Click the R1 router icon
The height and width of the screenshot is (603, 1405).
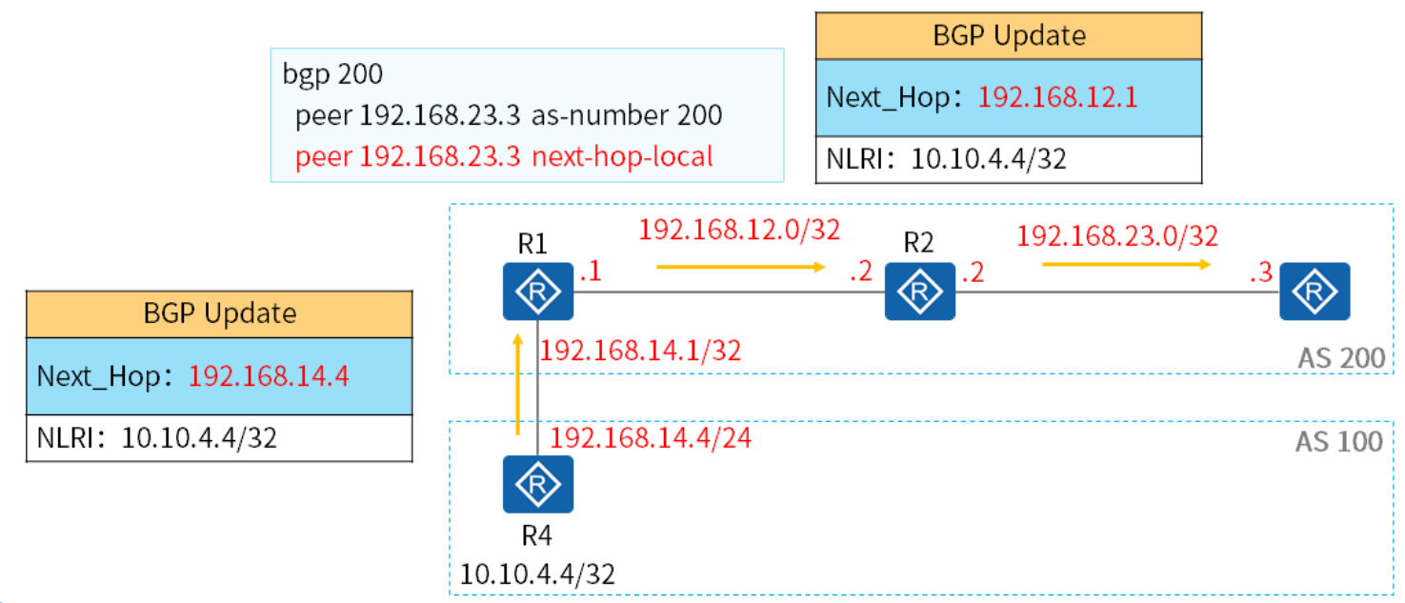(538, 292)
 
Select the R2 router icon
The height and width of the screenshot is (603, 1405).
(919, 292)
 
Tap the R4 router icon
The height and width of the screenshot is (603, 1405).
(538, 485)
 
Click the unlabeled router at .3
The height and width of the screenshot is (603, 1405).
(1315, 292)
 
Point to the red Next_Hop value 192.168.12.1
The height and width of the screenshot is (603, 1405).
(1057, 98)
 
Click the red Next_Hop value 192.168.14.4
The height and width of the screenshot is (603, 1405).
(269, 376)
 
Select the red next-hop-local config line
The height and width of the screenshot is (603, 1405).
(504, 156)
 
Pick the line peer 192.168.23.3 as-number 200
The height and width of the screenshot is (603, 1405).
(509, 115)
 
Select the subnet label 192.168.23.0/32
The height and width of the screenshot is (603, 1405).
(1117, 234)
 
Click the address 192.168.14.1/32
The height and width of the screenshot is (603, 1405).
(640, 352)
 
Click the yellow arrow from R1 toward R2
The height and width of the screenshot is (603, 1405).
(740, 268)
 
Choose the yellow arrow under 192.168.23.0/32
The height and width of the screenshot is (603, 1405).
(1126, 263)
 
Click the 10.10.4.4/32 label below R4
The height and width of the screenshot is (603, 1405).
(537, 574)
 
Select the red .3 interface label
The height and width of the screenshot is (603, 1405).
(1260, 274)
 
